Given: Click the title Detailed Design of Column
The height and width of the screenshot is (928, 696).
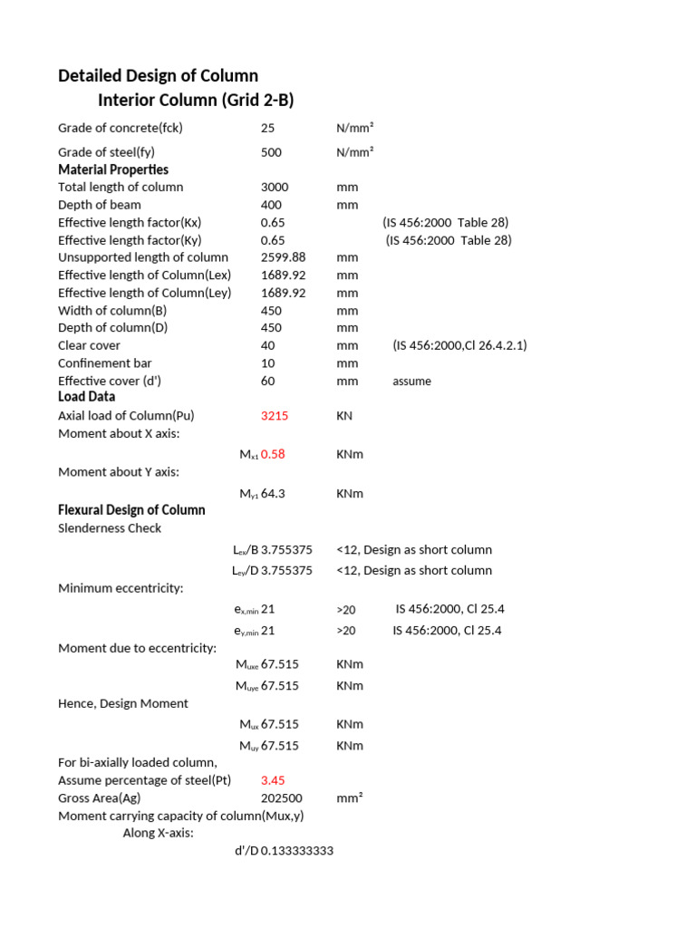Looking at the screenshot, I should (x=158, y=75).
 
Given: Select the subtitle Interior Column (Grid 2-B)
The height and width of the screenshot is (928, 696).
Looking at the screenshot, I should (x=196, y=100).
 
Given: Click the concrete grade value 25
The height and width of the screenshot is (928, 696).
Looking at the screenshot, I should (x=267, y=128).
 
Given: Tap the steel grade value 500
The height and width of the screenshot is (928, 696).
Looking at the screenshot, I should (x=271, y=152).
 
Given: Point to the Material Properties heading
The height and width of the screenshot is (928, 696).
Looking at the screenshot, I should (x=113, y=169).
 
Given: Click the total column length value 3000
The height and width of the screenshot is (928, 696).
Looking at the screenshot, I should (x=274, y=187).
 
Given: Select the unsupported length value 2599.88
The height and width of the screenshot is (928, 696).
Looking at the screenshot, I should (x=283, y=257).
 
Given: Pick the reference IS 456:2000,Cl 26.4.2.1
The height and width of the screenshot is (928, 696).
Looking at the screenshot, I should (x=459, y=345).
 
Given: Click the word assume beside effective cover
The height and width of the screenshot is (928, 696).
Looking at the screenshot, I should (x=411, y=382).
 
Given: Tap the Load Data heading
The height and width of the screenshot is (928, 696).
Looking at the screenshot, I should (x=87, y=397).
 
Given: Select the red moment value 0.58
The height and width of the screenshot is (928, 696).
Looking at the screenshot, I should (x=273, y=454).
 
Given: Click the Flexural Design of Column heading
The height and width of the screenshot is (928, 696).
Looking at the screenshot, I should (x=131, y=510).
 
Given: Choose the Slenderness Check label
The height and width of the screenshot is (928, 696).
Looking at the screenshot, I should (x=110, y=528).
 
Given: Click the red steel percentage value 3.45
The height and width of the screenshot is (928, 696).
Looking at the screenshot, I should (x=273, y=780).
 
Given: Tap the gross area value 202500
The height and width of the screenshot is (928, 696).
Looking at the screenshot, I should (x=281, y=798).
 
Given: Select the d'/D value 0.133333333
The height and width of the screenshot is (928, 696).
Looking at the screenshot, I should (x=297, y=851).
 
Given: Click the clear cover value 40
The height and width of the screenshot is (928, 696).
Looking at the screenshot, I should (x=267, y=345).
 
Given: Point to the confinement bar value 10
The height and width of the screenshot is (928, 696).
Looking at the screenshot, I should (x=267, y=363).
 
